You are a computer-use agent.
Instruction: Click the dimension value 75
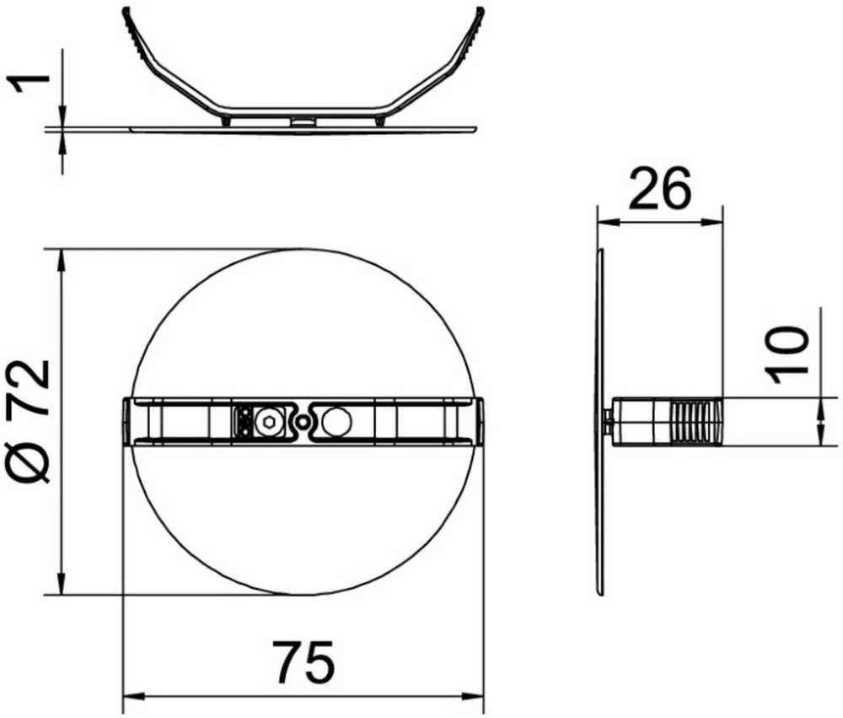[303, 661]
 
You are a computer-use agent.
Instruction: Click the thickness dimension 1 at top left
[28, 84]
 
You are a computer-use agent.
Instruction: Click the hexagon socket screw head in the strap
[268, 422]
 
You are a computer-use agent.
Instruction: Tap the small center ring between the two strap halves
[303, 422]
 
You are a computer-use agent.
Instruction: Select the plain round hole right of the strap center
[337, 422]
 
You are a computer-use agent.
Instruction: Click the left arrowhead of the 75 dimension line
[134, 696]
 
